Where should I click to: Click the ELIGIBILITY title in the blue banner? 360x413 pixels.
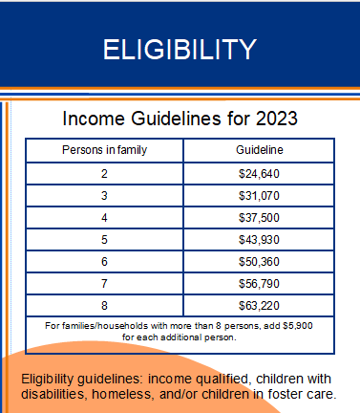tap(180, 49)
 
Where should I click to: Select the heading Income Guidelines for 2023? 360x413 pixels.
tap(180, 120)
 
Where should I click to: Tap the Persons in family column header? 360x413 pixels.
tap(104, 151)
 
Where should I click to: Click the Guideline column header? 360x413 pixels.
tap(259, 151)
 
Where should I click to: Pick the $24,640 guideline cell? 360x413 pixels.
tap(259, 174)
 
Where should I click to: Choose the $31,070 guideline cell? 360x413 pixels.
tap(259, 196)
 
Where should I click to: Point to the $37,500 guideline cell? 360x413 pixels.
tap(259, 218)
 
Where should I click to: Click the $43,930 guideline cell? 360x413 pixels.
tap(259, 240)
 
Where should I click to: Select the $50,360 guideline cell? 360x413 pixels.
tap(259, 262)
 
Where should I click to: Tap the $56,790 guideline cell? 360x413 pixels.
tap(259, 284)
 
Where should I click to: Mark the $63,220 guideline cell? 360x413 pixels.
tap(259, 306)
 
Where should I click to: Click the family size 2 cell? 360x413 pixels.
tap(104, 174)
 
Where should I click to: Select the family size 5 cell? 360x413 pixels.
tap(104, 240)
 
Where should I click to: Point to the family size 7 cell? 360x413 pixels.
tap(104, 284)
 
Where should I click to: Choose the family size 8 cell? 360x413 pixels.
tap(104, 306)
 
